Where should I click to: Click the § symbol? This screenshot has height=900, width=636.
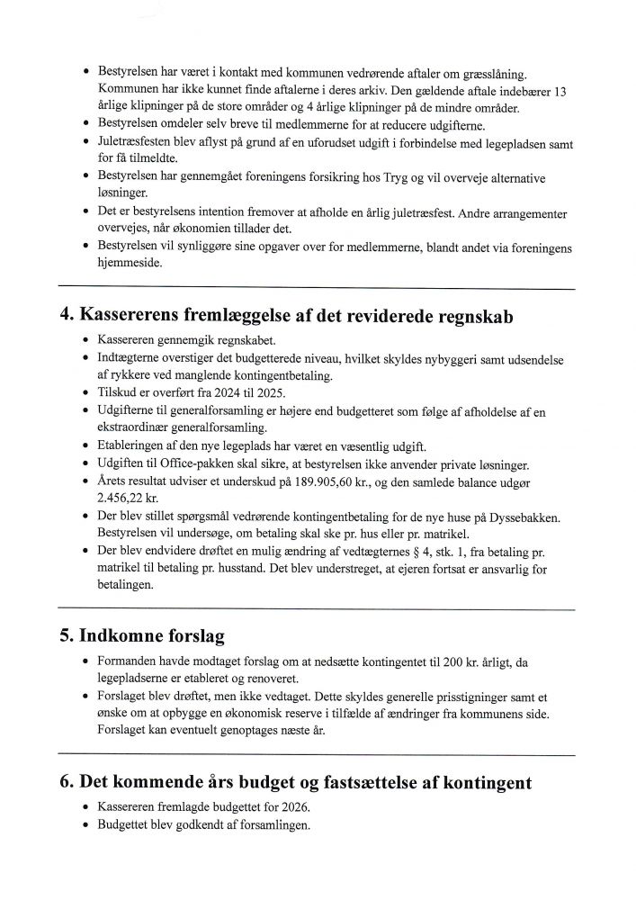(x=388, y=550)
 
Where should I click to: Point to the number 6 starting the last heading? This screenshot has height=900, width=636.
(x=65, y=780)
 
